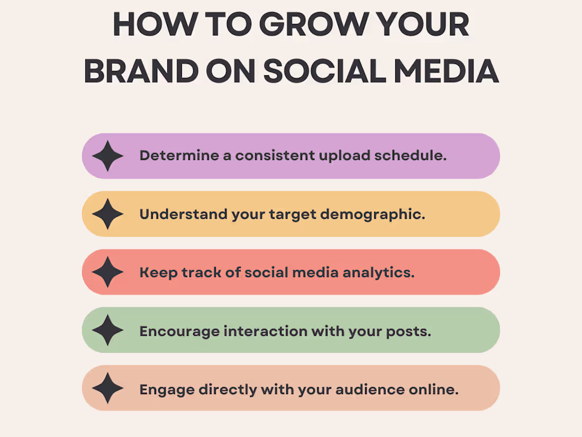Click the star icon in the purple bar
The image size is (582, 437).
tap(108, 156)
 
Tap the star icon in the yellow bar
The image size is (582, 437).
tap(108, 214)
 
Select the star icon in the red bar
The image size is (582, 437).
tap(108, 272)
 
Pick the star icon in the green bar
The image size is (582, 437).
tap(108, 330)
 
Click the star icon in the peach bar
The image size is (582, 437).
tap(108, 388)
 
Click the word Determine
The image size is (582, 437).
tap(171, 156)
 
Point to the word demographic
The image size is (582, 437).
tap(377, 215)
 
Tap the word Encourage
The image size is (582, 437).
tap(179, 331)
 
